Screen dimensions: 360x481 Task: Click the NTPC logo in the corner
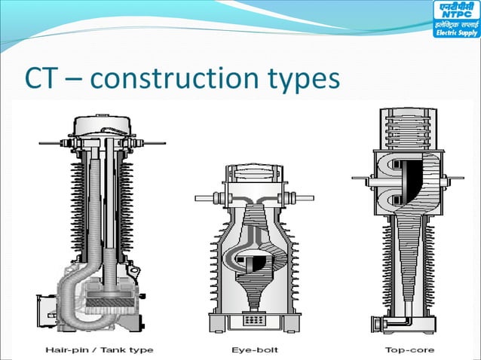(455, 22)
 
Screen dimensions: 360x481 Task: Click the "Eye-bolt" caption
(254, 349)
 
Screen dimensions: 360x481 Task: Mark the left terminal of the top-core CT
(361, 178)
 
